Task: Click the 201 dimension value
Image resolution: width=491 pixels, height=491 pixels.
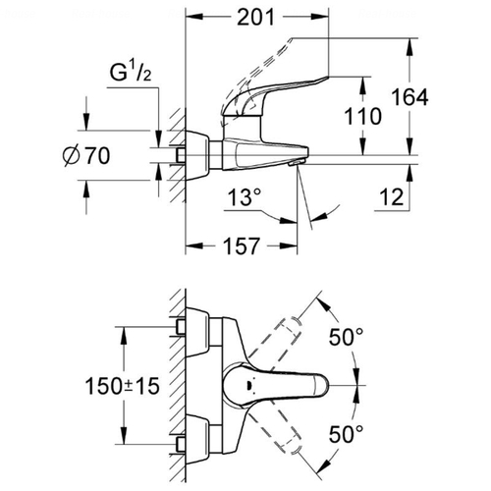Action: pyautogui.click(x=255, y=18)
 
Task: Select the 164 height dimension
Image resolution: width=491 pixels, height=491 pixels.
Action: pyautogui.click(x=409, y=97)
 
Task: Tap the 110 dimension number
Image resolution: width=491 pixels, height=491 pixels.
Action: pyautogui.click(x=362, y=116)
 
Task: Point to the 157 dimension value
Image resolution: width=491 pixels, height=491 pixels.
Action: pyautogui.click(x=242, y=246)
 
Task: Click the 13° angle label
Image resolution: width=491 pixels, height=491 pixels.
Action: pyautogui.click(x=245, y=197)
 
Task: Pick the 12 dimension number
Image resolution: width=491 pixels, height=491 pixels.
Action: pyautogui.click(x=392, y=197)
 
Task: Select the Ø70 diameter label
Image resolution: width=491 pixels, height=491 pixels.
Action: pyautogui.click(x=86, y=156)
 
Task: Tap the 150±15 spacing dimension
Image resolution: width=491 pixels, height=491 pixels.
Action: pyautogui.click(x=122, y=386)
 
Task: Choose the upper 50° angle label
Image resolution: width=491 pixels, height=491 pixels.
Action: pyautogui.click(x=346, y=337)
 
